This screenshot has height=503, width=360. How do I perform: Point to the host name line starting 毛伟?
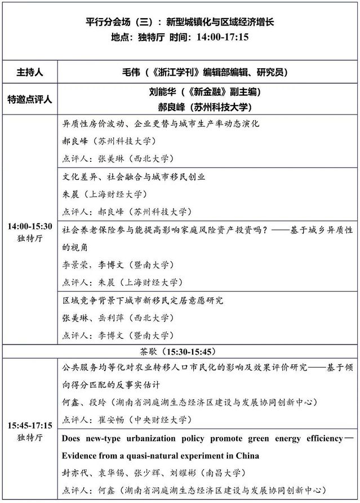point(205,72)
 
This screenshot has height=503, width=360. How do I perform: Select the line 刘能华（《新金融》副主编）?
point(205,91)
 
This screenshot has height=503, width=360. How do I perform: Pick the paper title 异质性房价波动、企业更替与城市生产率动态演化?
point(161,123)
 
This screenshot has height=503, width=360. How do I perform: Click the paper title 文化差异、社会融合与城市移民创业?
point(134,177)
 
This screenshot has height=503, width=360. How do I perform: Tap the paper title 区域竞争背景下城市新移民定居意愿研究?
point(143,300)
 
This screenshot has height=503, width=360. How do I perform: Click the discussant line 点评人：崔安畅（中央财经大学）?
point(125,420)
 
